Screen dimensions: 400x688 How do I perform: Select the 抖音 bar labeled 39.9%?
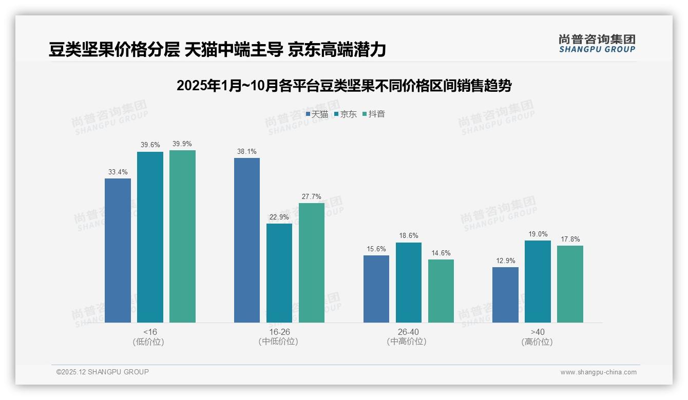point(182,236)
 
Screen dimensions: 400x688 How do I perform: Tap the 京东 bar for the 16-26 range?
point(279,273)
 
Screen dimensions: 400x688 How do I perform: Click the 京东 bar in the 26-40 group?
point(408,283)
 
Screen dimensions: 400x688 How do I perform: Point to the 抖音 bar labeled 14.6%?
point(441,291)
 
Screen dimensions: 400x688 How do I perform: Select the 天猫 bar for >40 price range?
point(505,295)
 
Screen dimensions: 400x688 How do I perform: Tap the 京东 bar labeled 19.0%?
point(538,282)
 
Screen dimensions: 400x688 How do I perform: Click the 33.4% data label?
point(118,172)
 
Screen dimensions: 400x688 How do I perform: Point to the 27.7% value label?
point(312,196)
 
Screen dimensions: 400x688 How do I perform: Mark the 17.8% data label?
point(570,239)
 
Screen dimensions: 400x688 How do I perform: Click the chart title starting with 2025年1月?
point(344,86)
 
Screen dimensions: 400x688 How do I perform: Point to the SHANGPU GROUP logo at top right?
point(597,44)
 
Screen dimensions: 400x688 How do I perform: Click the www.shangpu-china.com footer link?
point(598,372)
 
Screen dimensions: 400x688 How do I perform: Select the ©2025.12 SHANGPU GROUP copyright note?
point(103,372)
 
